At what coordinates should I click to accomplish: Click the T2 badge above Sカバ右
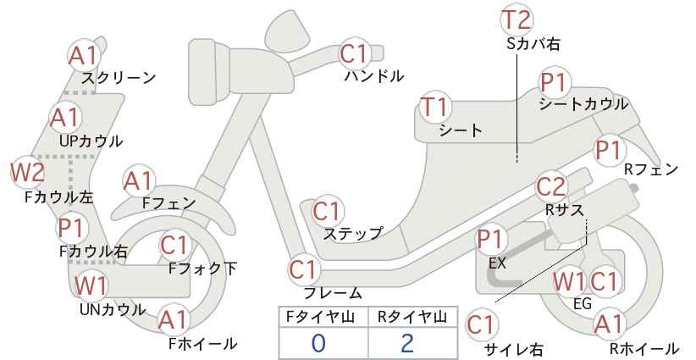[x=516, y=19]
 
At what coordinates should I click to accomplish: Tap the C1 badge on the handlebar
[x=354, y=53]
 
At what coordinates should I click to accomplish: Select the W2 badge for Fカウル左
[x=28, y=172]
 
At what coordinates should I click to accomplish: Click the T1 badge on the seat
[x=435, y=107]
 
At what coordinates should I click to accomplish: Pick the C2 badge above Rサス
[x=551, y=187]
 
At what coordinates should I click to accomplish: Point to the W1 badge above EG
[x=569, y=281]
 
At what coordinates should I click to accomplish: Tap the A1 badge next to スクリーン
[x=83, y=56]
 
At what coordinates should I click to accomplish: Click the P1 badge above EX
[x=490, y=240]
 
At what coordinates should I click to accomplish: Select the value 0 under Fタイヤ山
[x=318, y=343]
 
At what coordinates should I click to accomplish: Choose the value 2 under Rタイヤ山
[x=407, y=343]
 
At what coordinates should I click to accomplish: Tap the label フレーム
[x=333, y=293]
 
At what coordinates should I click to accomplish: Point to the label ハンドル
[x=374, y=76]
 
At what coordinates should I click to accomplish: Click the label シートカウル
[x=583, y=104]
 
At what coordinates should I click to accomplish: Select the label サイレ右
[x=513, y=349]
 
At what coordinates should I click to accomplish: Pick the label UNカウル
[x=113, y=309]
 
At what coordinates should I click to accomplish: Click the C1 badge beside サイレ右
[x=482, y=325]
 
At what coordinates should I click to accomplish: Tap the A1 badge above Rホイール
[x=609, y=325]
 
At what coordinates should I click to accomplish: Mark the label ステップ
[x=353, y=234]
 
